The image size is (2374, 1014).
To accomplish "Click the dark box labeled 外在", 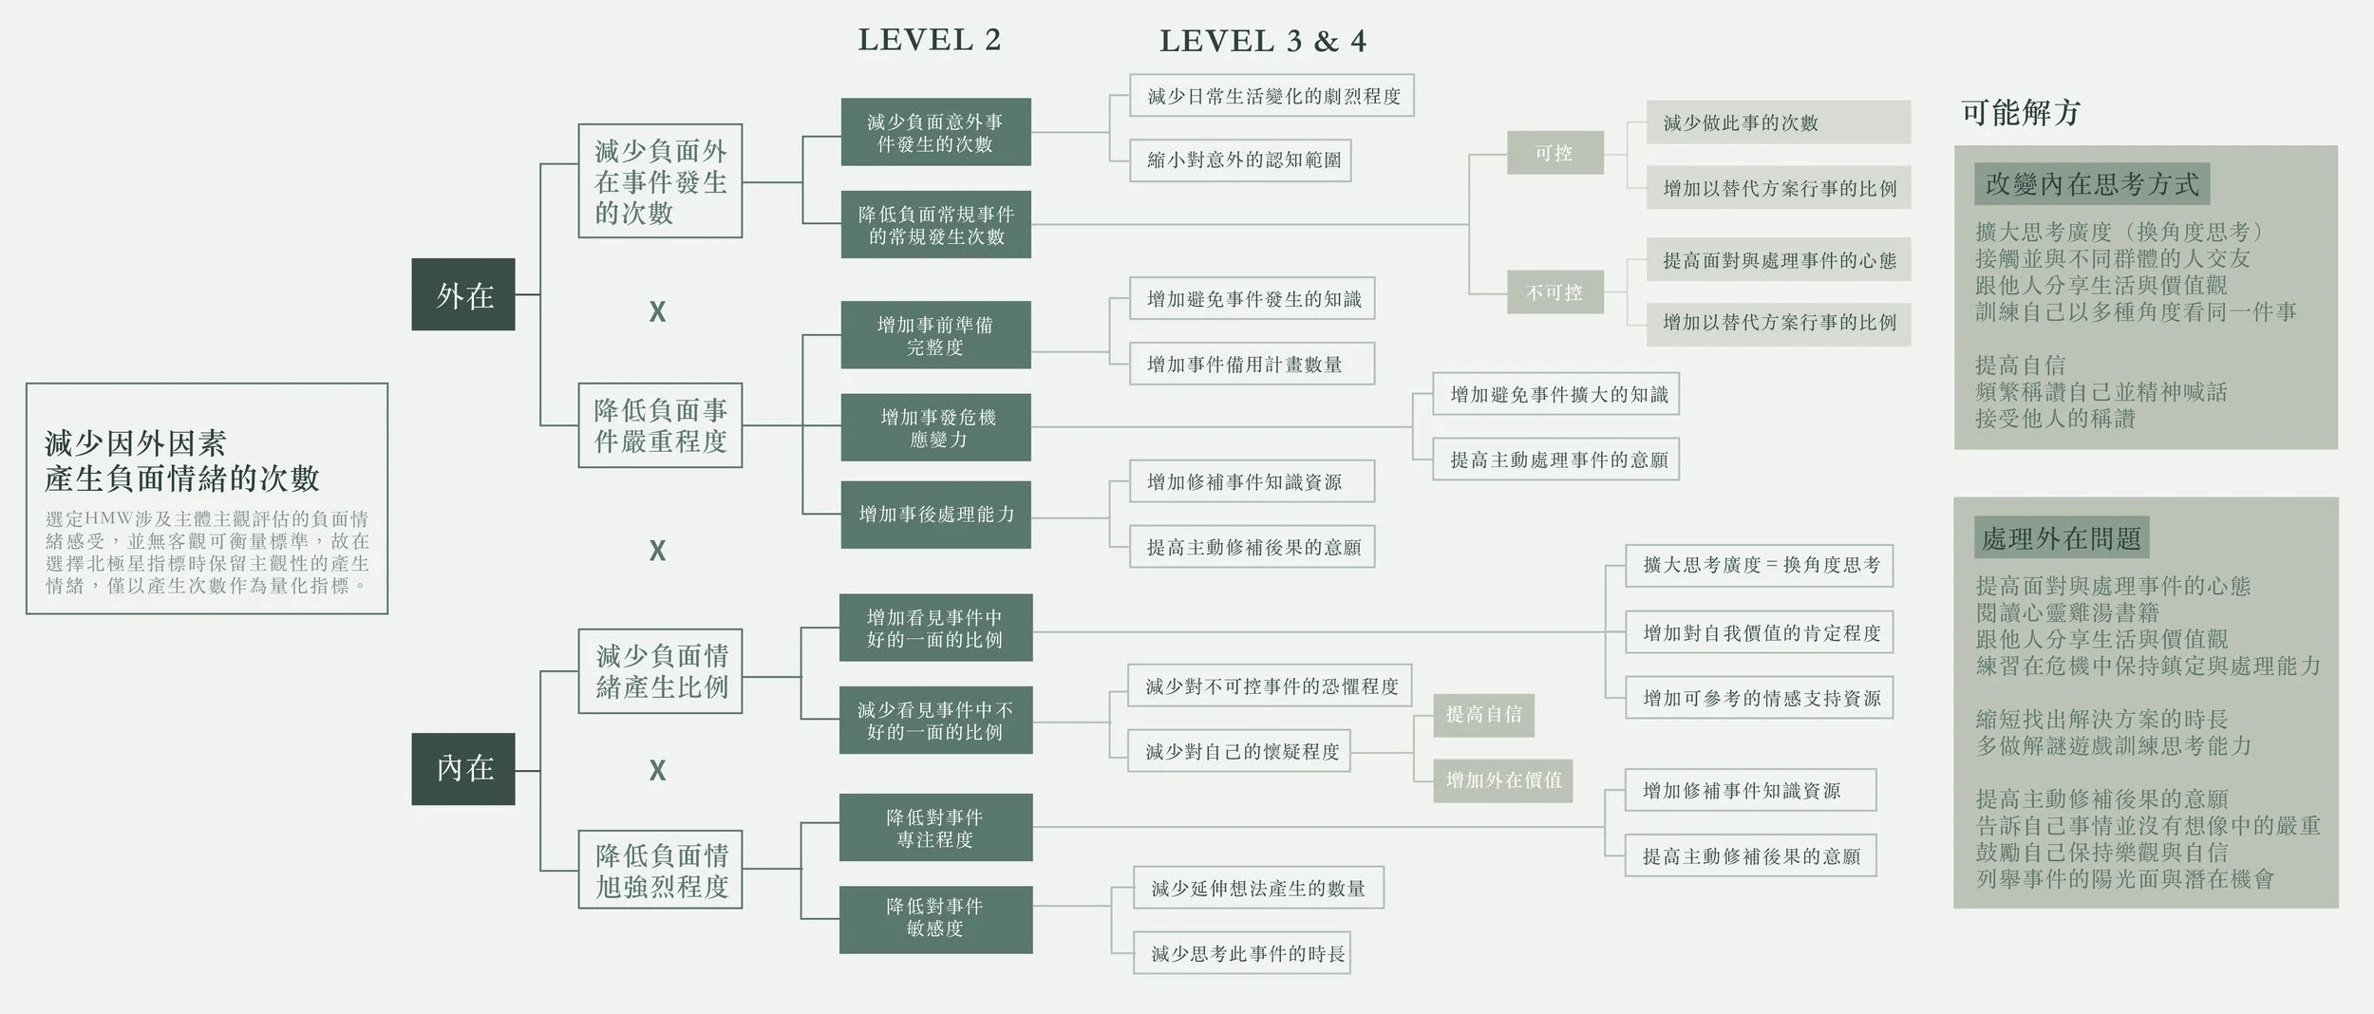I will point(463,294).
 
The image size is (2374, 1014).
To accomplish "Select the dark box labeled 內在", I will point(463,768).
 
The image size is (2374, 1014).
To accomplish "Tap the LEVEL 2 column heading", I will point(930,40).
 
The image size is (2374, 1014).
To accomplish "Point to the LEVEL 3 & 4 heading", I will point(1263,41).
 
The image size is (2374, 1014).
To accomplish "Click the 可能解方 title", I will point(2021,113).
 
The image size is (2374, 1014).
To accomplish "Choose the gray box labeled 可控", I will point(1554,153).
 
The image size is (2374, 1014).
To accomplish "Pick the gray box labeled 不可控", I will point(1554,292).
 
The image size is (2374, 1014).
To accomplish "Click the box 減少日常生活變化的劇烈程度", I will point(1272,96).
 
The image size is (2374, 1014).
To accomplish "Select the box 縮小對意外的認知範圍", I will point(1240,160).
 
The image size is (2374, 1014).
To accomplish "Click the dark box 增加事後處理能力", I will point(935,515).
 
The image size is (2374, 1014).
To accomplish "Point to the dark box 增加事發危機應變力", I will point(935,427).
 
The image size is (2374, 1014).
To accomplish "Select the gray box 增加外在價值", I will point(1503,780).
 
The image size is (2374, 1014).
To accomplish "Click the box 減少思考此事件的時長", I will point(1241,954).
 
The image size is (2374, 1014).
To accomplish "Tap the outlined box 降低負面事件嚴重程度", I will point(660,425).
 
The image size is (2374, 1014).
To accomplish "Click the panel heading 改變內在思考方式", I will point(2092,184).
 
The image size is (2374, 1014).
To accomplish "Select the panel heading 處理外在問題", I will point(2061,538).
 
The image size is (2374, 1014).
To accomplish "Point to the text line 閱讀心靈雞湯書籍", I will point(2067,612).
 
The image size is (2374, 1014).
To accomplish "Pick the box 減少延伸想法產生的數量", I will point(1257,889).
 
